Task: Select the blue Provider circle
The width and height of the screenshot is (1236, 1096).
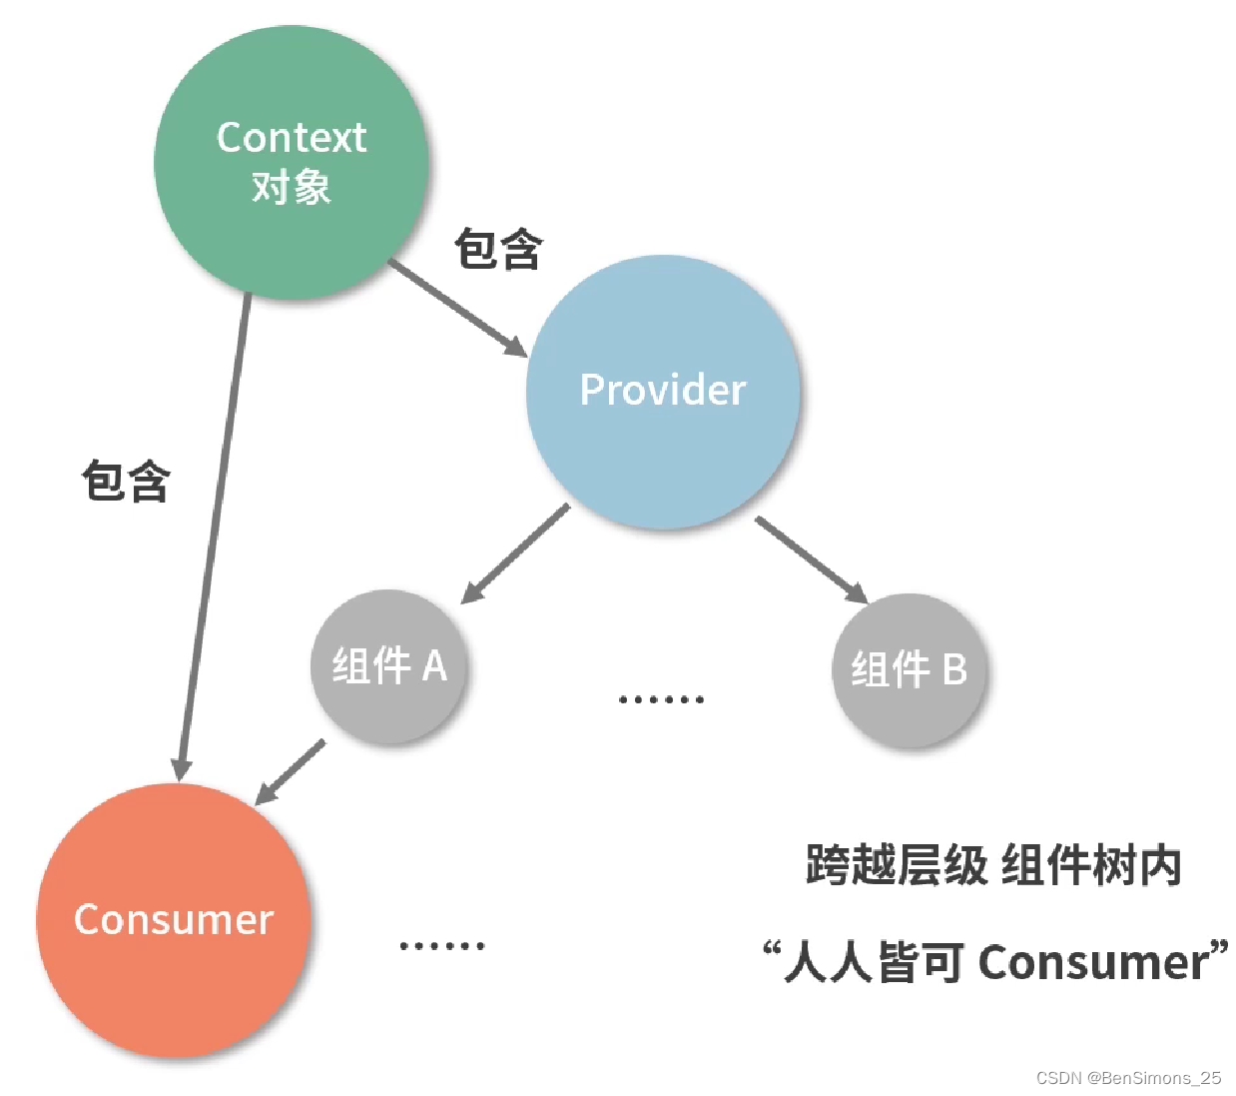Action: pos(663,392)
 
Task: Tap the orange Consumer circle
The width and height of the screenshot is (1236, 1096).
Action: pos(174,920)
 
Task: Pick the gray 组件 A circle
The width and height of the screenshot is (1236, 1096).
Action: pos(389,666)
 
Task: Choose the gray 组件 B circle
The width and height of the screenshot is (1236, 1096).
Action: pos(909,669)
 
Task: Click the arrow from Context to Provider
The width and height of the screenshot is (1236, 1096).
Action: pos(457,308)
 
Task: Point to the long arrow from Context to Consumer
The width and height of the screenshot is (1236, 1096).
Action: pos(215,530)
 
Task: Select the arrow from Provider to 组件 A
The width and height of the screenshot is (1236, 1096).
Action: pos(515,553)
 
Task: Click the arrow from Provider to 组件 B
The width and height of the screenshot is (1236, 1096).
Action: pos(811,559)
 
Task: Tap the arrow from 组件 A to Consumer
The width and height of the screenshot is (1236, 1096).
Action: pos(291,772)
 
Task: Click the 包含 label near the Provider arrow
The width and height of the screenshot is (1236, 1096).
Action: pos(498,249)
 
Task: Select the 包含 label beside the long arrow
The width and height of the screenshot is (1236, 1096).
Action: pos(126,482)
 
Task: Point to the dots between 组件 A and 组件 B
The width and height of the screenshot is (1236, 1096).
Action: pos(661,699)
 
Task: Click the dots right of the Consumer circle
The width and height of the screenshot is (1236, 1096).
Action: pos(441,945)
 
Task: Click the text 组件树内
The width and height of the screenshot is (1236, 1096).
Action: pos(1090,865)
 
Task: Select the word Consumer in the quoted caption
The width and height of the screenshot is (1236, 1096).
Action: pos(1092,963)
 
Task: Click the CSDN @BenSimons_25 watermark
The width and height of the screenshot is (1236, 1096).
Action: pos(1128,1078)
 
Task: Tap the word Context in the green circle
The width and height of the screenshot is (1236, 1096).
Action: pos(292,138)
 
